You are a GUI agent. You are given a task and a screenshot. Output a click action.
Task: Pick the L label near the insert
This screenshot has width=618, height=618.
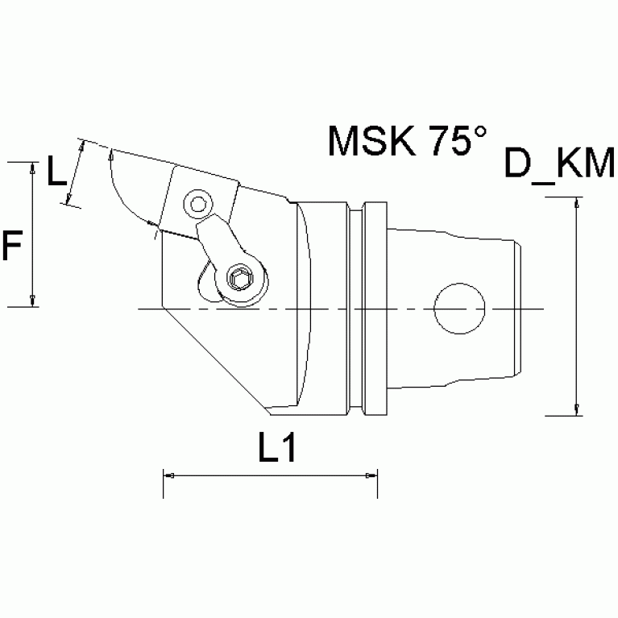pyautogui.click(x=56, y=173)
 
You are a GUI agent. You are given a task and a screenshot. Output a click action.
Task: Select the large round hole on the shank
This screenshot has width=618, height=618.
pyautogui.click(x=460, y=309)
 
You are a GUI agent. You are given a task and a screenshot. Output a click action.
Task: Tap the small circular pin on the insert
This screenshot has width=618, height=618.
pyautogui.click(x=197, y=203)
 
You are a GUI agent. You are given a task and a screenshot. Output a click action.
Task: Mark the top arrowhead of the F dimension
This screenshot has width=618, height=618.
pyautogui.click(x=32, y=167)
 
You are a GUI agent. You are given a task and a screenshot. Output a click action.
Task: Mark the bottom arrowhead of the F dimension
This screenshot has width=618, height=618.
pyautogui.click(x=32, y=301)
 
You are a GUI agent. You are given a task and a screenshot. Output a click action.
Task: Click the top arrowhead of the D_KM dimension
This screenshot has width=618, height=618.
pyautogui.click(x=577, y=202)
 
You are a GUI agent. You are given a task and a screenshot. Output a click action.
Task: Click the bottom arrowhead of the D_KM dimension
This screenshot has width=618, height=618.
pyautogui.click(x=577, y=410)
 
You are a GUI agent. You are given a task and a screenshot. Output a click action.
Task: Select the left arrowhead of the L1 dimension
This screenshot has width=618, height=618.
pyautogui.click(x=168, y=475)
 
